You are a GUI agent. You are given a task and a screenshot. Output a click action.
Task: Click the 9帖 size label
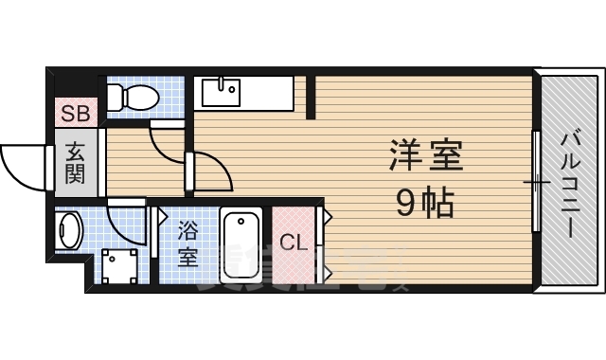coord(424,201)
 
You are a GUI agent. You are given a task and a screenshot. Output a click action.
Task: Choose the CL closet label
coord(294,243)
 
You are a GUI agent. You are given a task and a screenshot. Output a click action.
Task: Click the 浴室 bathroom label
coord(187,243)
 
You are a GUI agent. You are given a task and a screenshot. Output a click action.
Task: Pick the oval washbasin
coord(68,229)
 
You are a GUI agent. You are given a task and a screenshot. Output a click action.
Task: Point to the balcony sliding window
coord(536,181)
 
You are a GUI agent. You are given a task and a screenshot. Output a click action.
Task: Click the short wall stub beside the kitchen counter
coord(310,98)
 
